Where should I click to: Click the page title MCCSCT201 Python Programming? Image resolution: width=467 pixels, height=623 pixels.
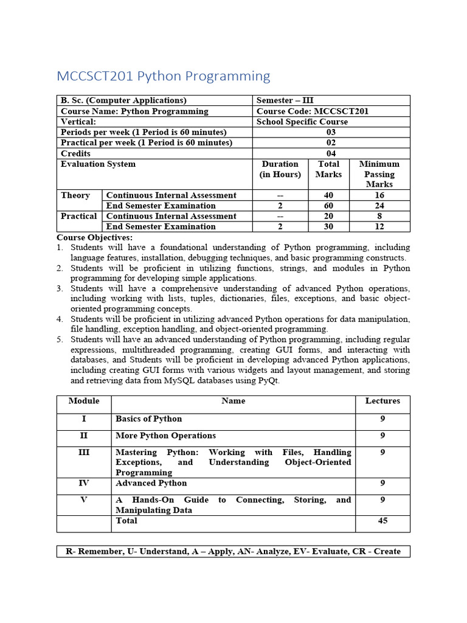pyautogui.click(x=163, y=76)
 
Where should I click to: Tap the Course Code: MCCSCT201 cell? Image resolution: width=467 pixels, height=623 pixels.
pyautogui.click(x=312, y=111)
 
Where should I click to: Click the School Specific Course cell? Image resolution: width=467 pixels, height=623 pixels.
pyautogui.click(x=302, y=122)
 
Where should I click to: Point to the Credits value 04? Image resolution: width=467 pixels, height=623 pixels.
pyautogui.click(x=331, y=153)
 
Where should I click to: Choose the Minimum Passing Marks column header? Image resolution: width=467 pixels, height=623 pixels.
pyautogui.click(x=379, y=174)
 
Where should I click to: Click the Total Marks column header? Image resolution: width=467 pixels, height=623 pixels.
pyautogui.click(x=328, y=169)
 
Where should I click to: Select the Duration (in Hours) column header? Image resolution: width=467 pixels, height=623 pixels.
pyautogui.click(x=280, y=169)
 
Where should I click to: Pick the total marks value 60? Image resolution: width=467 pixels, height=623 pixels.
pyautogui.click(x=328, y=206)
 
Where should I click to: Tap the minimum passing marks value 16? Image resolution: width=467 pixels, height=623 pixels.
pyautogui.click(x=379, y=195)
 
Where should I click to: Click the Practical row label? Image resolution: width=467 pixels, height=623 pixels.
pyautogui.click(x=78, y=216)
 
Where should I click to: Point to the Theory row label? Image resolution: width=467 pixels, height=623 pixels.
pyautogui.click(x=75, y=195)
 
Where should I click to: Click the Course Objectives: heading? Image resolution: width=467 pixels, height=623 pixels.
pyautogui.click(x=94, y=237)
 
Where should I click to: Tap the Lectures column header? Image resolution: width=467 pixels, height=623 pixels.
pyautogui.click(x=382, y=401)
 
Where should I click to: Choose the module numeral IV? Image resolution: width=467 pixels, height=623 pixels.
pyautogui.click(x=84, y=483)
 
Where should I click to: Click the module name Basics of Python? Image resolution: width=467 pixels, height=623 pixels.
pyautogui.click(x=148, y=419)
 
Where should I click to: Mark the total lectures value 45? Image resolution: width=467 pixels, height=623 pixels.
pyautogui.click(x=382, y=521)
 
